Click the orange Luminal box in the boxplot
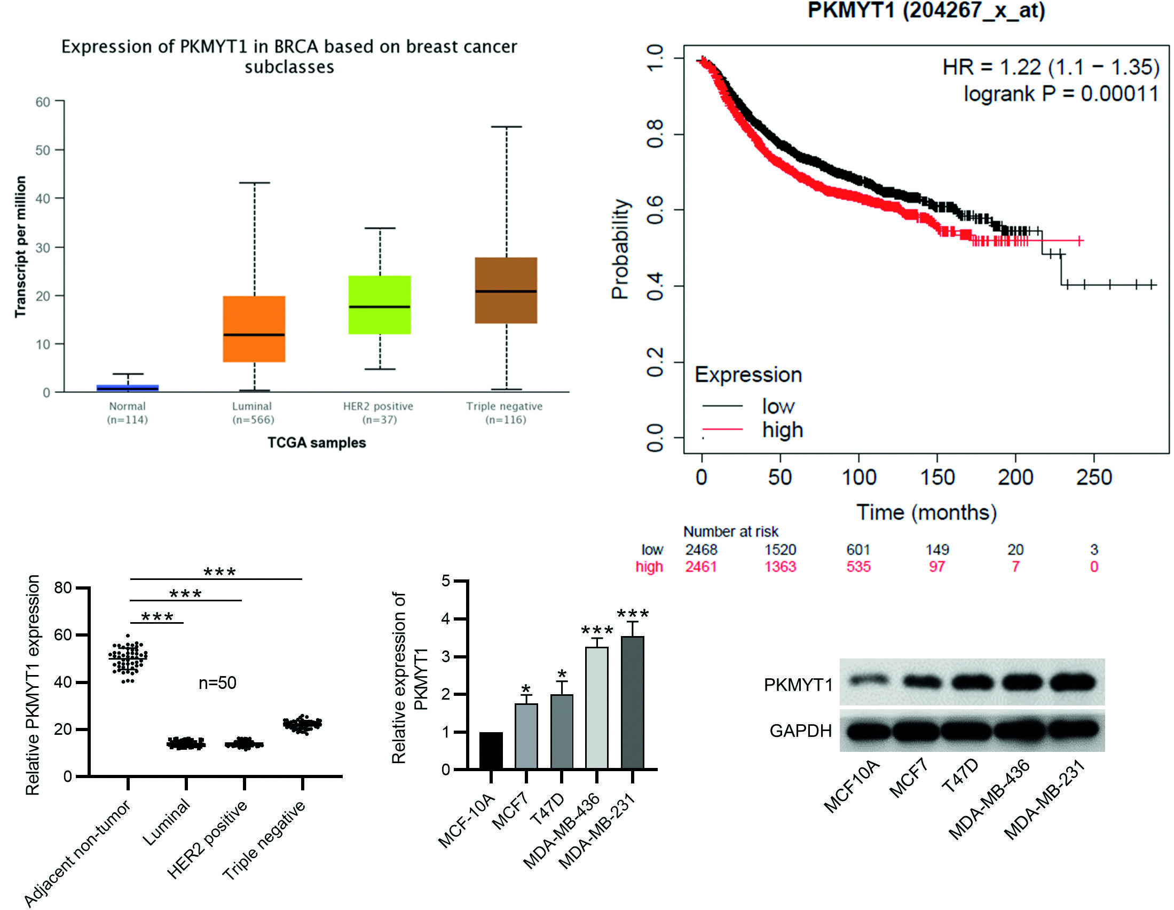(x=254, y=328)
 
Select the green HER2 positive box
(x=380, y=305)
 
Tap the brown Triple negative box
(x=506, y=291)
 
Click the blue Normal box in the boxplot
(x=128, y=387)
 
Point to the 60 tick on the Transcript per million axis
(x=43, y=102)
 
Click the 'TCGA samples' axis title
(x=317, y=443)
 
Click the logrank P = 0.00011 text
(x=1061, y=94)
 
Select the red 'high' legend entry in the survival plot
(x=782, y=430)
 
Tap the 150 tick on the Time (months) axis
(x=937, y=477)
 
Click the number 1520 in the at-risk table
(x=780, y=550)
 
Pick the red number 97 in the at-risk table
(x=937, y=566)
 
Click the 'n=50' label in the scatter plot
(x=217, y=683)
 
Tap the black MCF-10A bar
(x=491, y=750)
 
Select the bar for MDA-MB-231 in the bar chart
(x=633, y=702)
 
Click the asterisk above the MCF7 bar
(x=526, y=689)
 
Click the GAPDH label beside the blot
(x=800, y=731)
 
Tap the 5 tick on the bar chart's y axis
(x=446, y=581)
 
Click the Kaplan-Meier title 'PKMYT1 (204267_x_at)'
(x=926, y=11)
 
